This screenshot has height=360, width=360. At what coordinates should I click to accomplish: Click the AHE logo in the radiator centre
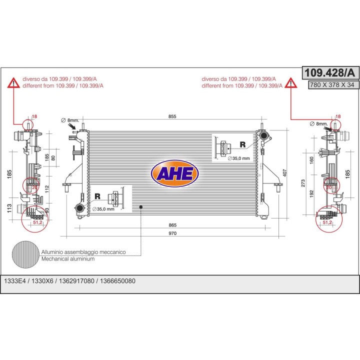[x=174, y=173]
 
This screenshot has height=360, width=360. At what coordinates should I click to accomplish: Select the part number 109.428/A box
[x=330, y=73]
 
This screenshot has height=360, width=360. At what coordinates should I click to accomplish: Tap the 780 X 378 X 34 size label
[x=332, y=84]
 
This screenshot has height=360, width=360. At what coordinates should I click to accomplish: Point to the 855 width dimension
[x=172, y=116]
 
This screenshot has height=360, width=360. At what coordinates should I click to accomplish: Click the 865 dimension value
[x=172, y=225]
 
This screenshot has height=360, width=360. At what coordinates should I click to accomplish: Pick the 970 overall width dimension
[x=172, y=233]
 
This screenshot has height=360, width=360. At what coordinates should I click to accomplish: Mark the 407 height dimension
[x=284, y=172]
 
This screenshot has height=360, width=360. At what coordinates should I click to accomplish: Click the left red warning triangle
[x=14, y=83]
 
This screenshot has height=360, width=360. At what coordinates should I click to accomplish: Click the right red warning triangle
[x=291, y=83]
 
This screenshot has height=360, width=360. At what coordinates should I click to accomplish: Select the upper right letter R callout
[x=242, y=144]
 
